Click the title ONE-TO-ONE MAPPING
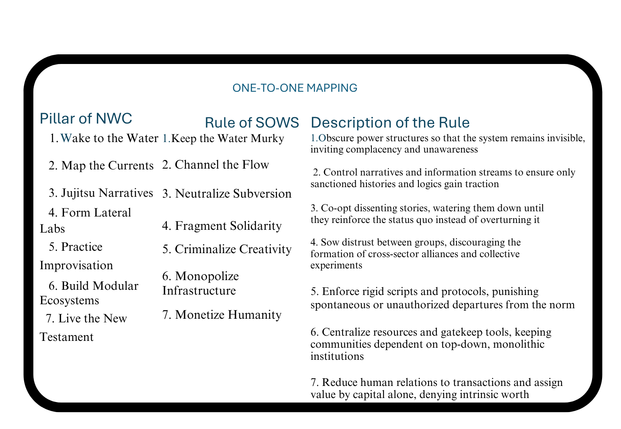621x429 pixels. pos(295,88)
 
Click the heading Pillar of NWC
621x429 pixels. pos(86,119)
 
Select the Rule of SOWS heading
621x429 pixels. pos(252,122)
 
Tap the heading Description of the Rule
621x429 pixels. pos(390,122)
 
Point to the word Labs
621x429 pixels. pos(52,229)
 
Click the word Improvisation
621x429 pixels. pos(76,266)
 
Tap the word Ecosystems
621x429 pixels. pos(69,301)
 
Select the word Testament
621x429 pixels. pos(67,337)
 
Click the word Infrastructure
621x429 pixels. pos(199,290)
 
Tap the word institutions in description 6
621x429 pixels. pos(337,356)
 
